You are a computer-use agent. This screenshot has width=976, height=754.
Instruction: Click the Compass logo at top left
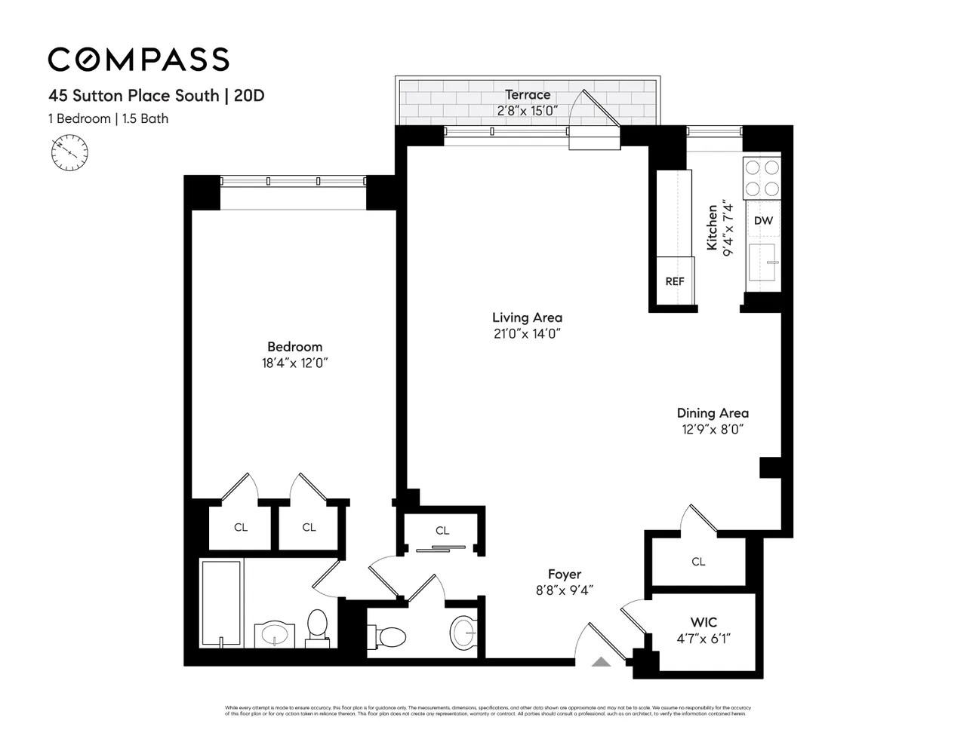coord(138,59)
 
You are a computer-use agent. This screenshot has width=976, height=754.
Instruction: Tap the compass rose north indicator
coord(69,152)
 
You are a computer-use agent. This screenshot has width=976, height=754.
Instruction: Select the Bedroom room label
coord(294,347)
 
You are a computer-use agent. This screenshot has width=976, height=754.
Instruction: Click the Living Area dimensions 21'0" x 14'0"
coord(527,334)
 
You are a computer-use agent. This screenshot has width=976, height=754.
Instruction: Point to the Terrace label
coord(528,95)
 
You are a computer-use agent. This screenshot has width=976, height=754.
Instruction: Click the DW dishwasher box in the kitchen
coord(763,221)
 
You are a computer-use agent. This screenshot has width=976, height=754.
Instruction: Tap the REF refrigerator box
coord(674,281)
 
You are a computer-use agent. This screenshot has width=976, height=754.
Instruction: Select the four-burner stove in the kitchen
coord(762,179)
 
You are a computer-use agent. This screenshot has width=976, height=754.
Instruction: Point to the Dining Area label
coord(712,413)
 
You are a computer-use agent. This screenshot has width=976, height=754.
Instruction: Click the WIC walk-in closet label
coord(704,623)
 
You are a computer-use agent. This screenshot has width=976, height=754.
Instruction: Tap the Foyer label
coord(564,575)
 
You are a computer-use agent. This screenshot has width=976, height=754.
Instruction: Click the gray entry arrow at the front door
coord(601,662)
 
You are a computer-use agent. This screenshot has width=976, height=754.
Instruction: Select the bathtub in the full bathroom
coord(221,603)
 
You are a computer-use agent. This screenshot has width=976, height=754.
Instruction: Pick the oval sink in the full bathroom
coord(273,635)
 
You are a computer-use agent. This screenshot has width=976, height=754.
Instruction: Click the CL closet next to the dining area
coord(698,562)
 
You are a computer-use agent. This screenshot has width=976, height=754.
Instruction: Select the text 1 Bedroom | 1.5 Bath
coord(108,118)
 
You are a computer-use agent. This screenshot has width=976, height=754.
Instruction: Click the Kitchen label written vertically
coord(712,228)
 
